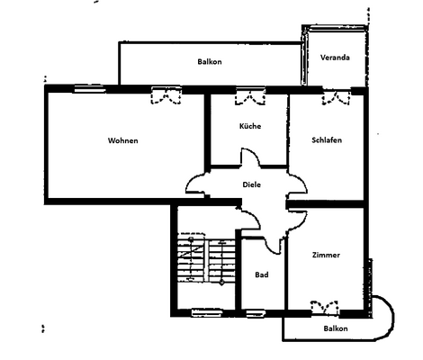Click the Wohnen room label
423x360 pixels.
point(123,141)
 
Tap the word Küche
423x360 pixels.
point(250,126)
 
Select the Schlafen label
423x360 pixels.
point(326,141)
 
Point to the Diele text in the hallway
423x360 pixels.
point(253,184)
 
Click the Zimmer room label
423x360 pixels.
point(326,255)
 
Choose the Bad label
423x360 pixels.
point(261,274)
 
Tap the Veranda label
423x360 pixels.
point(335,58)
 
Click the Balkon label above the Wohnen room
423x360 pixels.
point(210,61)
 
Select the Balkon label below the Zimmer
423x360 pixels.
point(336,329)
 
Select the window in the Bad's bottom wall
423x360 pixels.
point(256,313)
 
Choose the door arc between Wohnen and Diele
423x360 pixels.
point(197,184)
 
